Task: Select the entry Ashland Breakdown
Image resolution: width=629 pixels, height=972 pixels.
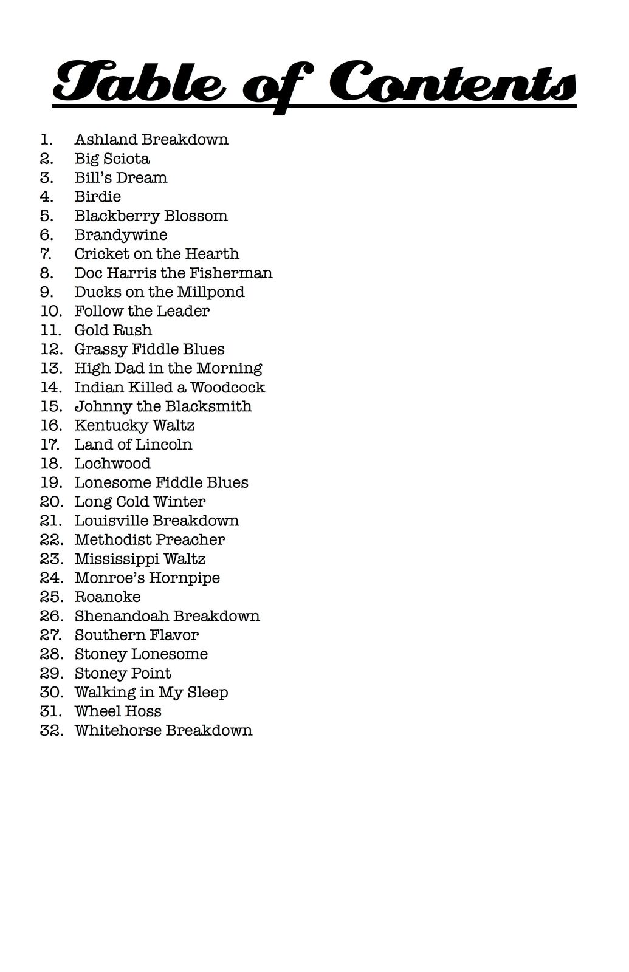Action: (x=151, y=140)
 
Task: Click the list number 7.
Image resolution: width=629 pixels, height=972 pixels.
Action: (x=46, y=254)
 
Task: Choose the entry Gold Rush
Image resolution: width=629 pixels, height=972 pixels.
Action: (x=113, y=330)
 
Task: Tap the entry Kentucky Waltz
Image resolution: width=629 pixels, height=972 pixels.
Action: (x=134, y=425)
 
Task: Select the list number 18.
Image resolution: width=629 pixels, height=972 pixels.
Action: (x=51, y=464)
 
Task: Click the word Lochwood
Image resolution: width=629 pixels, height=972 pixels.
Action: (x=112, y=464)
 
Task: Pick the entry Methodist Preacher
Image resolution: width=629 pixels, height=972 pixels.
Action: (x=150, y=539)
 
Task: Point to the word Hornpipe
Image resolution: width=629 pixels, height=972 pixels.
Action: (x=185, y=578)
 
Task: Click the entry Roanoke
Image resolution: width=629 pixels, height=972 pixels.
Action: (x=108, y=597)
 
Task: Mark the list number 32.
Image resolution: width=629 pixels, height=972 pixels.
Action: (x=52, y=730)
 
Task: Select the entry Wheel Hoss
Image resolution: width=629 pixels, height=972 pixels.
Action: (x=118, y=711)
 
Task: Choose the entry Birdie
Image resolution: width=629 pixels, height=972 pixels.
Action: (x=98, y=197)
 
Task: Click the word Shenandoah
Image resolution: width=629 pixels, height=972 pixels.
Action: (x=119, y=616)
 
